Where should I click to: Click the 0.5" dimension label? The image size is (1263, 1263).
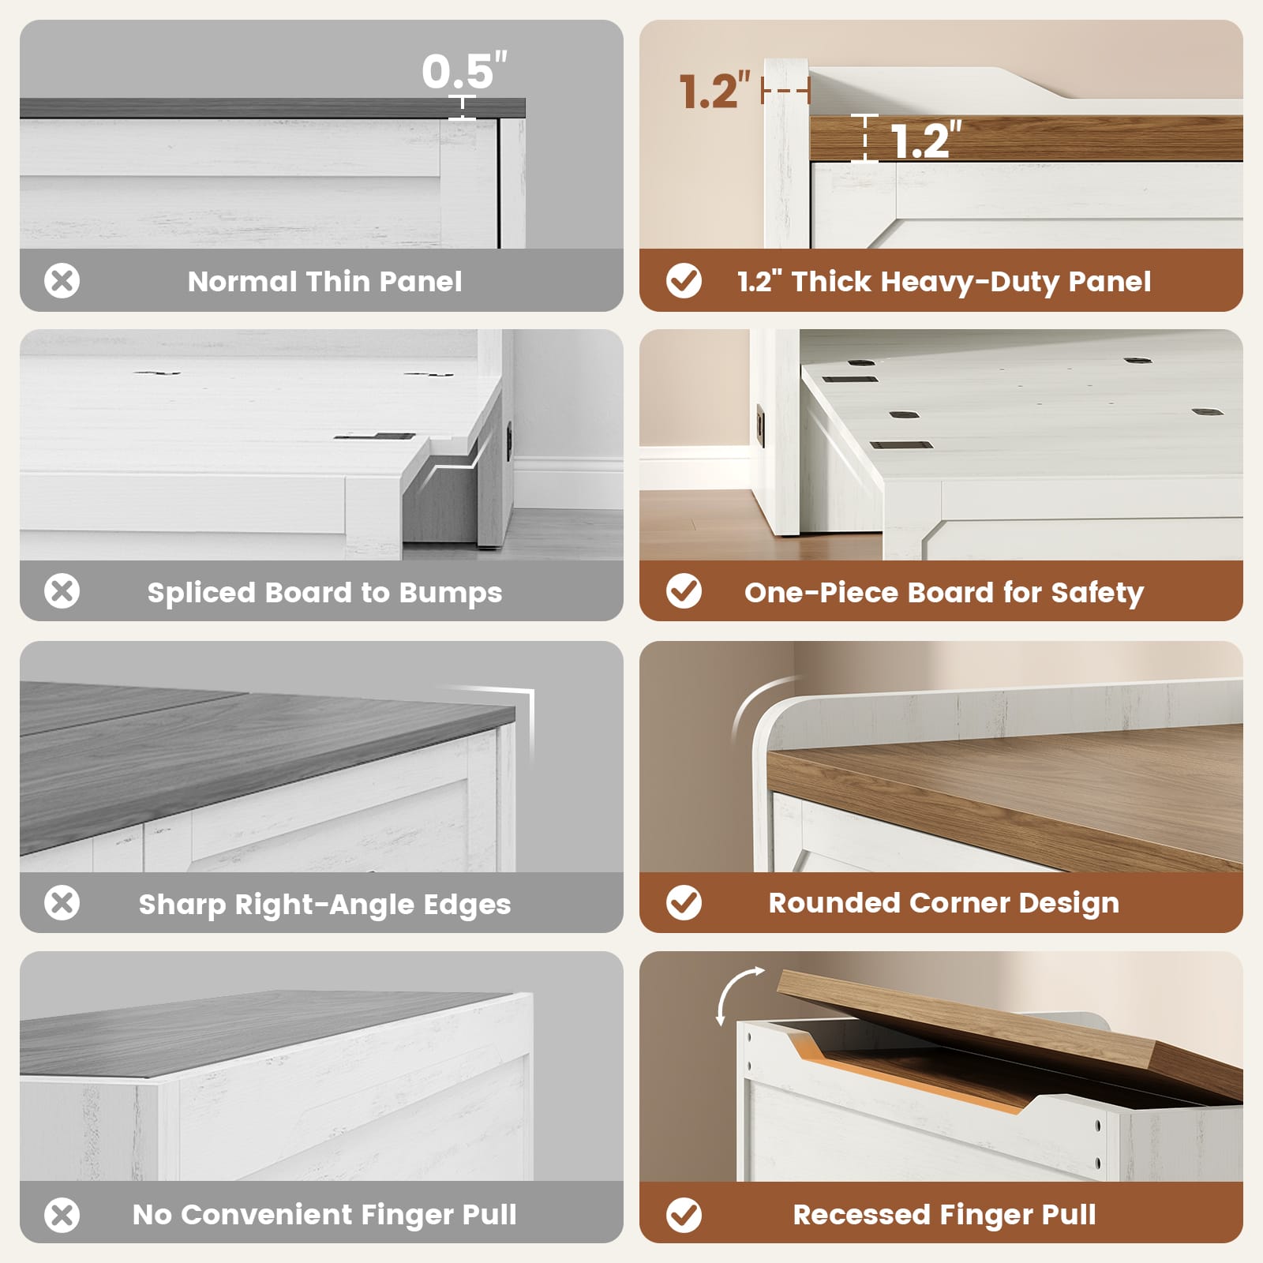click(x=464, y=71)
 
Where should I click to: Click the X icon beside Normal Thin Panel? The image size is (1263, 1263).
click(x=62, y=281)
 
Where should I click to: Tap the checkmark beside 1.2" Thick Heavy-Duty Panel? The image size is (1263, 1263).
click(x=684, y=281)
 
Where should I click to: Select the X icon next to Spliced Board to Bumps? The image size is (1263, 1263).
click(x=62, y=591)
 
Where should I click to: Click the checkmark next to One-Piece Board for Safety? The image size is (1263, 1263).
click(x=684, y=591)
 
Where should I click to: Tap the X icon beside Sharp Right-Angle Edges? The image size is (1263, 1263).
click(x=62, y=902)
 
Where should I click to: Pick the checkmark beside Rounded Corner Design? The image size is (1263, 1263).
click(x=684, y=902)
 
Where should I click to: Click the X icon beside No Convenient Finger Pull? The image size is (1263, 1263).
click(x=62, y=1215)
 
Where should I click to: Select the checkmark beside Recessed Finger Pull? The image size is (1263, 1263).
click(x=684, y=1215)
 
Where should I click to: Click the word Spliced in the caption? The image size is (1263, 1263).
click(x=193, y=593)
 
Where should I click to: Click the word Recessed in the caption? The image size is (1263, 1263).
click(x=861, y=1214)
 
